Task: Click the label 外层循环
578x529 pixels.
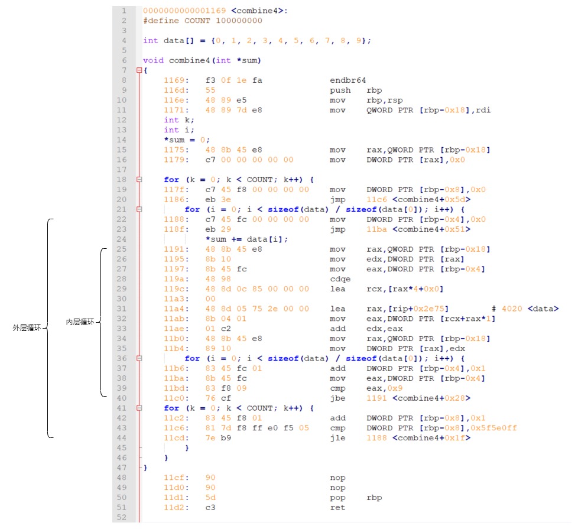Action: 28,327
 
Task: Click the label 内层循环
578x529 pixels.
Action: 81,322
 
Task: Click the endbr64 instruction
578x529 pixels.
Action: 348,80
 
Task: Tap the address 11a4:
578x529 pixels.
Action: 176,309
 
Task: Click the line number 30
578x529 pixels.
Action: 124,298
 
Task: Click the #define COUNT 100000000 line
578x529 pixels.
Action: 203,21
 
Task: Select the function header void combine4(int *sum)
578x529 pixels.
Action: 202,60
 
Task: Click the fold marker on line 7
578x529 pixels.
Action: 139,70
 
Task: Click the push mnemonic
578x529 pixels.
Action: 339,90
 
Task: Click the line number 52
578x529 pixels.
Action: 124,517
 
